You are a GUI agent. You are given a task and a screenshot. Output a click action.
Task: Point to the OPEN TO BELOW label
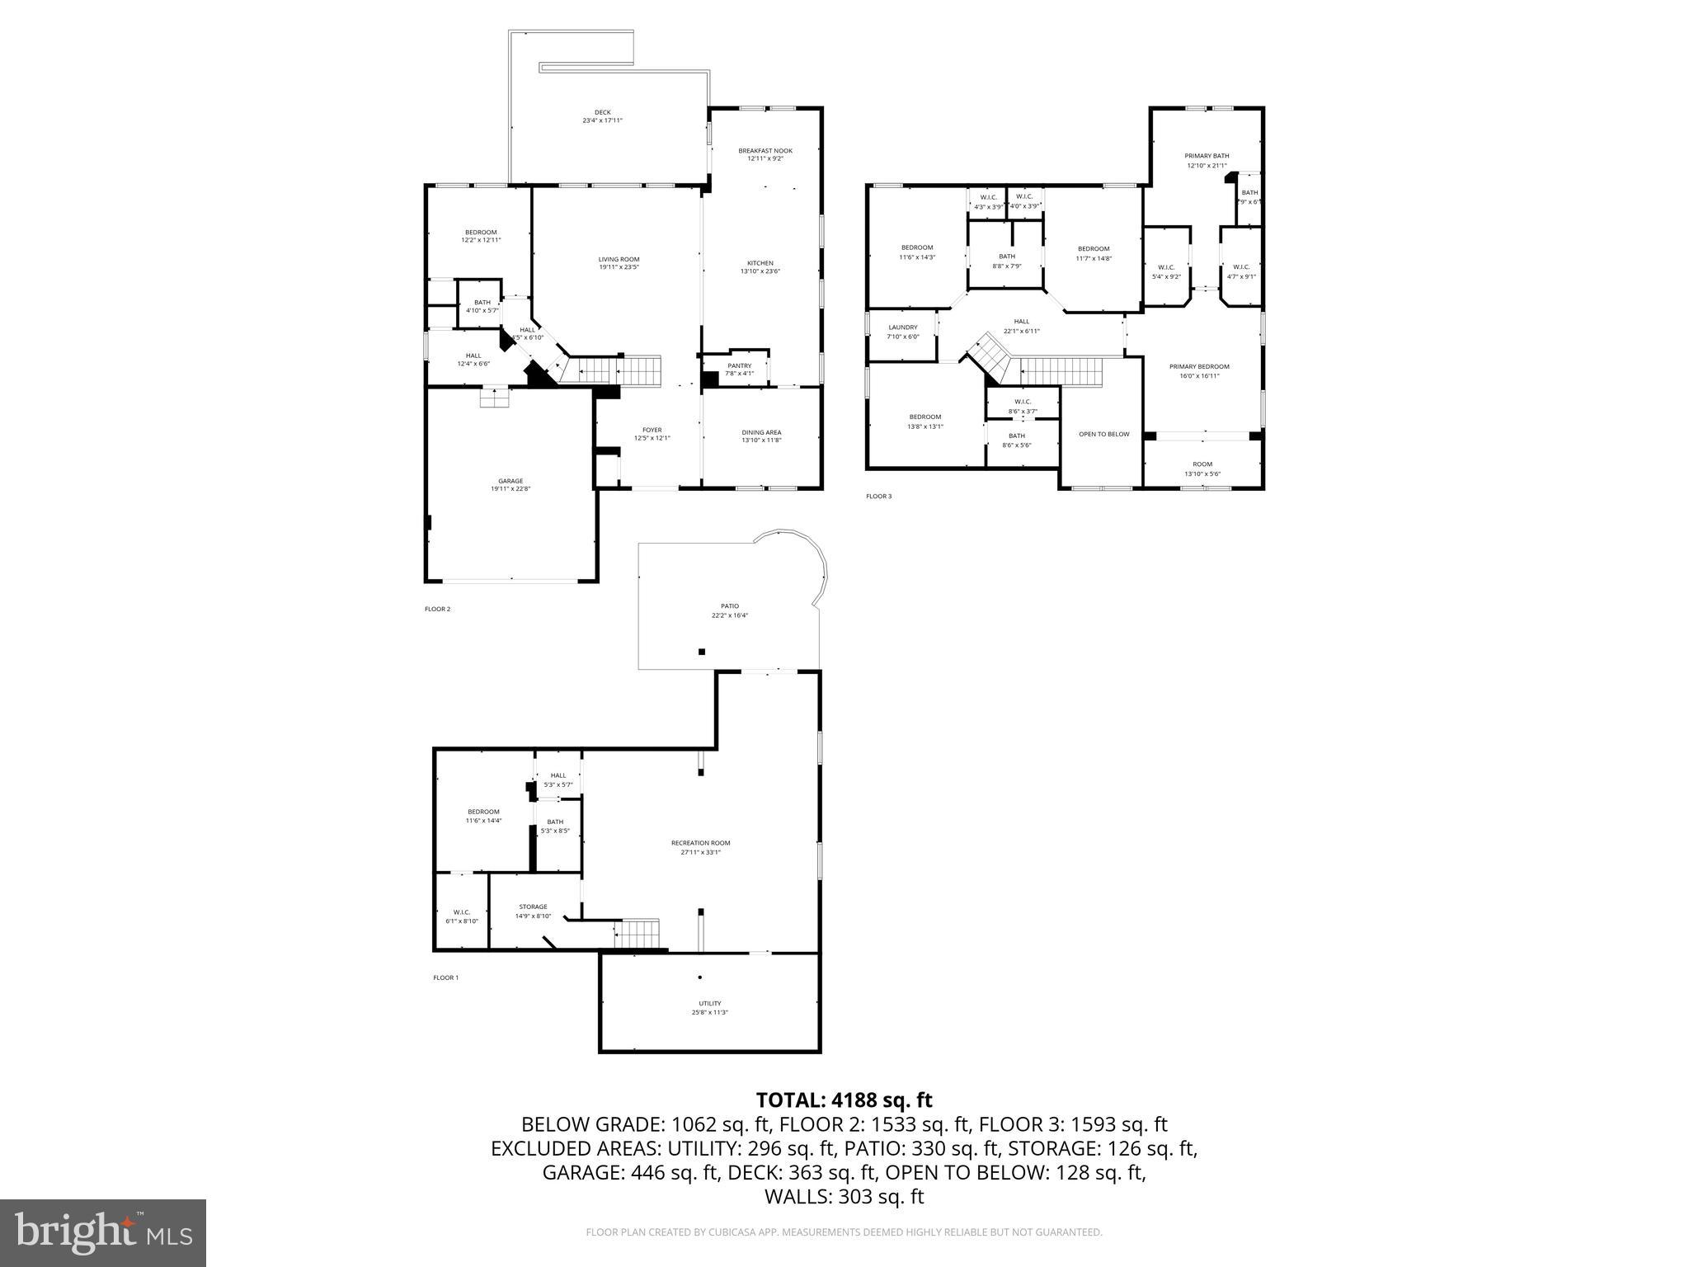[x=1103, y=434]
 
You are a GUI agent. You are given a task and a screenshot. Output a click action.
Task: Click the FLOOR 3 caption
[x=878, y=496]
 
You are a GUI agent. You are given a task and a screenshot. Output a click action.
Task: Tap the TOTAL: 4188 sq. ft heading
[x=844, y=1100]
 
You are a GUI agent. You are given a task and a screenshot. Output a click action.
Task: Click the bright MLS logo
[x=103, y=1232]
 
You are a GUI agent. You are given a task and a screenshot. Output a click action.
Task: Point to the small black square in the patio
[x=702, y=652]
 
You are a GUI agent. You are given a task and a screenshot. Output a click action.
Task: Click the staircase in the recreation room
[x=638, y=934]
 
